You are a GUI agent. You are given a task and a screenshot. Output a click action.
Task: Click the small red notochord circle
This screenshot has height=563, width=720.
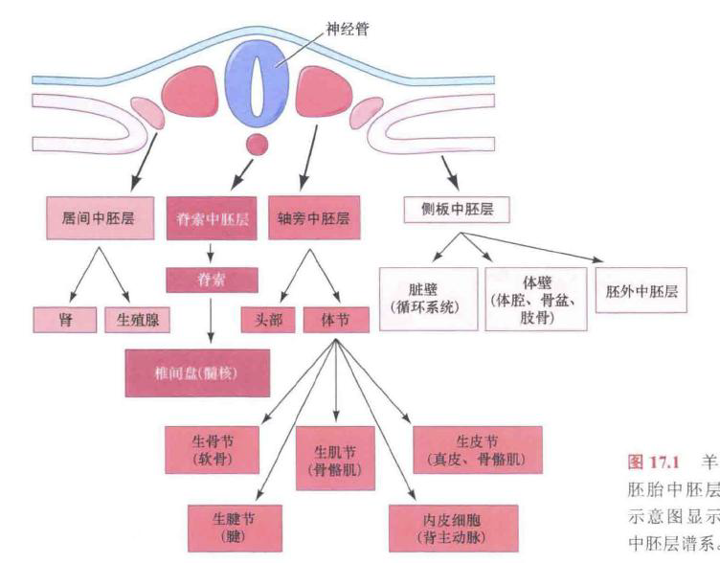pyautogui.click(x=256, y=145)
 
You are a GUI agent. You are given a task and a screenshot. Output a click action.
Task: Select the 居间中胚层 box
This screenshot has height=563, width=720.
pyautogui.click(x=91, y=217)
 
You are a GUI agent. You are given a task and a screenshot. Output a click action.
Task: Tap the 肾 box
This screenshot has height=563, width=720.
pyautogui.click(x=65, y=320)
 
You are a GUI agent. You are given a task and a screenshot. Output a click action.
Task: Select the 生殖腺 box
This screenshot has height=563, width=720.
pyautogui.click(x=138, y=320)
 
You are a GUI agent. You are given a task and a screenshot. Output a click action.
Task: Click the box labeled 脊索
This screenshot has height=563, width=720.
pyautogui.click(x=211, y=280)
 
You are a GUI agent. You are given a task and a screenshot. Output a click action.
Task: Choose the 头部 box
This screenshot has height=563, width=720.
pyautogui.click(x=268, y=320)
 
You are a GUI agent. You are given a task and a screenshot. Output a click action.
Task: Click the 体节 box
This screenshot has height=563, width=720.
pyautogui.click(x=336, y=320)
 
